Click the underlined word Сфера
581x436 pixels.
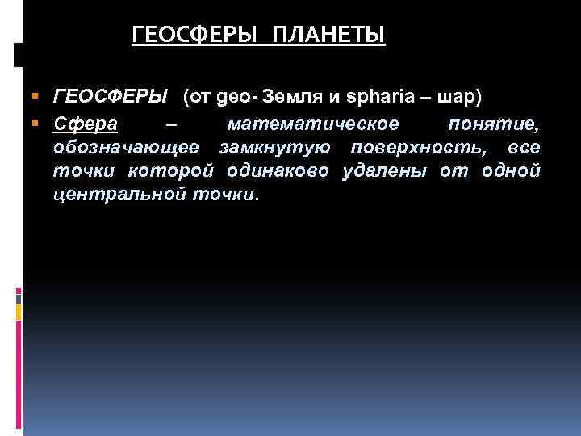86,124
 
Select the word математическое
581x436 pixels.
313,124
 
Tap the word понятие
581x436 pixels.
493,124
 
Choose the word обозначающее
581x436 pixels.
130,148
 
